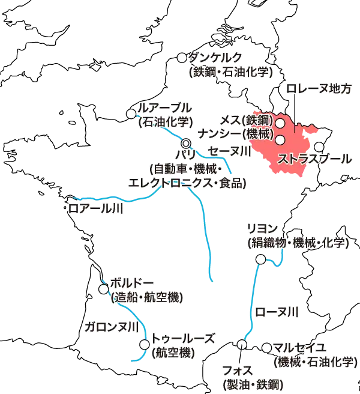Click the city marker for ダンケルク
[182, 58]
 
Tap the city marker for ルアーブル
[131, 114]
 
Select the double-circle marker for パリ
[186, 144]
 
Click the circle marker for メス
[280, 123]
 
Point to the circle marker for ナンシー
[280, 140]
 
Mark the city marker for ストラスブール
[319, 147]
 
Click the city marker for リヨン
[261, 259]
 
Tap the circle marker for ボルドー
[103, 289]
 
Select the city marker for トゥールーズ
[145, 344]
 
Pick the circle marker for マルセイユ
[267, 347]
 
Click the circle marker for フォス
[241, 344]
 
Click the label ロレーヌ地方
[319, 89]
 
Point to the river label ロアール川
[95, 208]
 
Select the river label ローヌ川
[276, 312]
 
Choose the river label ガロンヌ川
[110, 327]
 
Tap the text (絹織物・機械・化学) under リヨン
[298, 243]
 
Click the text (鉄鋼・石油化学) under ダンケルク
[230, 72]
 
